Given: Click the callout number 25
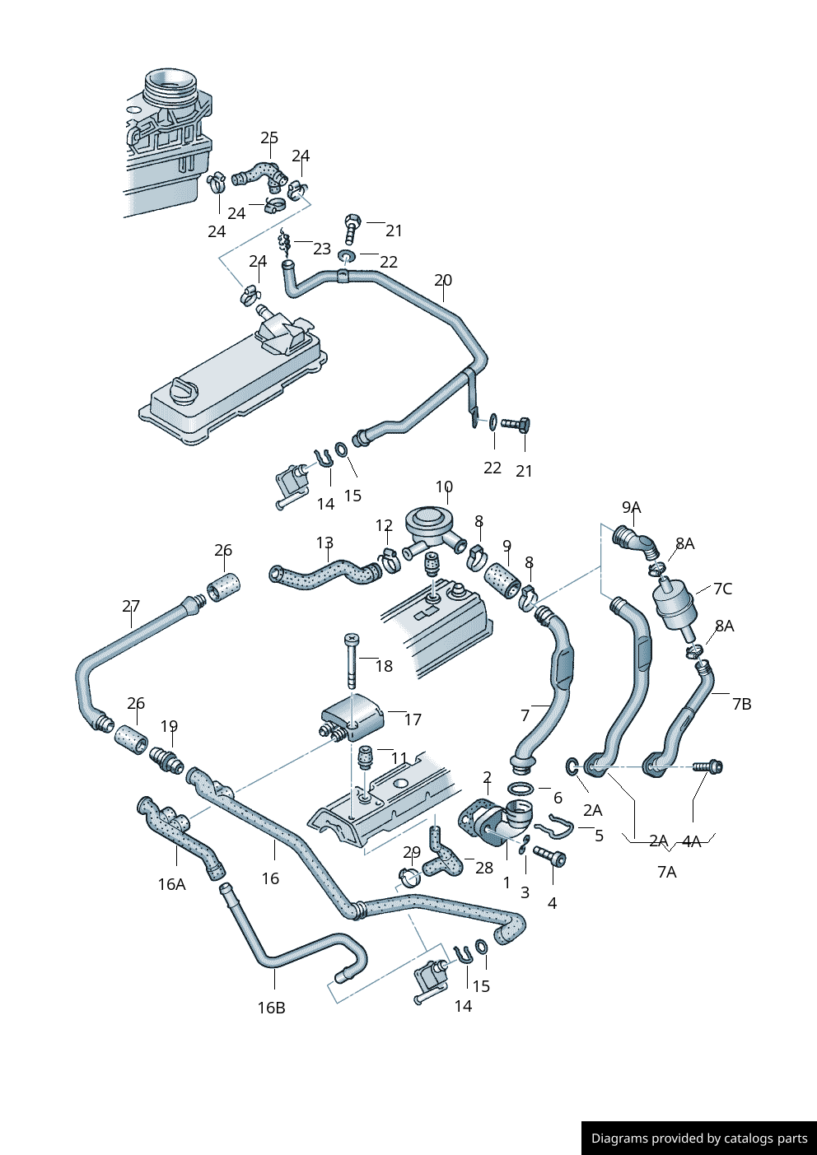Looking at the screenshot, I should (x=269, y=137).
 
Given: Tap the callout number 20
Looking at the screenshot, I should (x=443, y=280).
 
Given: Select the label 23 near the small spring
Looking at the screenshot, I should (x=321, y=248).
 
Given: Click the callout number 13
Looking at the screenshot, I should (x=324, y=543).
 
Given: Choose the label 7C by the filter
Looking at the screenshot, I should (x=722, y=588).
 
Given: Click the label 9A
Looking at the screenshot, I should (x=631, y=507).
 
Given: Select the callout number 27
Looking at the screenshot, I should (x=131, y=606).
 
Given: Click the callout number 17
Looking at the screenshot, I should (x=413, y=719).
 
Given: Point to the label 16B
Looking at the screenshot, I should (x=271, y=1007).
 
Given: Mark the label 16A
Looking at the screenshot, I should (x=171, y=883).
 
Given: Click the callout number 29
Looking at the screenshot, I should (x=412, y=852).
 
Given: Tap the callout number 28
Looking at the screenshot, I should (x=484, y=867).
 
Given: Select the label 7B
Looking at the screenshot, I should (x=741, y=703).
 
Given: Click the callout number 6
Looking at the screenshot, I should (x=558, y=797).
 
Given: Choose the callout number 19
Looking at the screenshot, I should (x=169, y=725).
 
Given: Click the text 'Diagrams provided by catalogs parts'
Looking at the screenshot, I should (x=699, y=1138).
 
